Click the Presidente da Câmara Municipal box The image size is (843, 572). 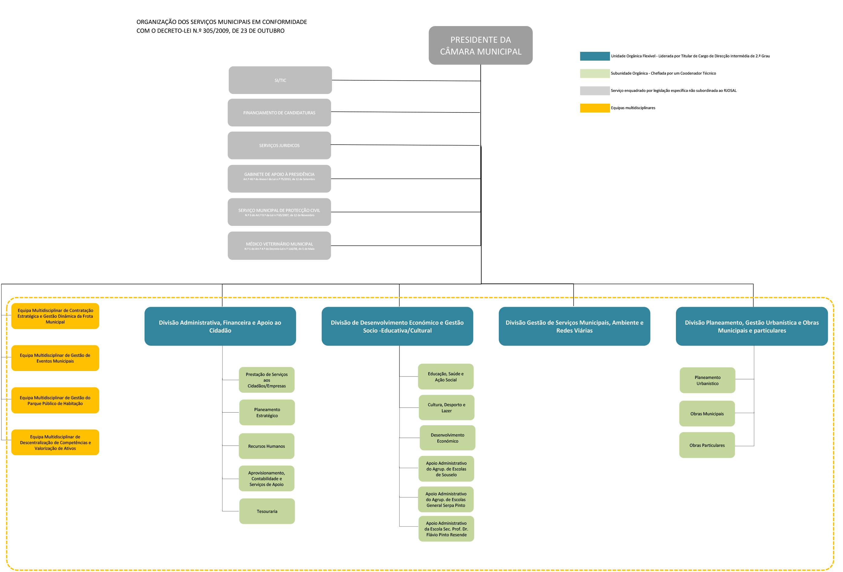480,45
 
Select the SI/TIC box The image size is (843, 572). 280,80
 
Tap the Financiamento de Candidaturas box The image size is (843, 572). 279,112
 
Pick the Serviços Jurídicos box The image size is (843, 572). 279,145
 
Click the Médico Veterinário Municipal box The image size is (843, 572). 279,246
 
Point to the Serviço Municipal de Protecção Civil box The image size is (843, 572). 279,212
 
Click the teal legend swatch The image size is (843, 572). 595,56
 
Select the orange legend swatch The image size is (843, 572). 595,108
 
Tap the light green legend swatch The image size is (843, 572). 595,73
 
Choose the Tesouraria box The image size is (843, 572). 267,511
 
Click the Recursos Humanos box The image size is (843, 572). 267,446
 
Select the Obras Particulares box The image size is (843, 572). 707,445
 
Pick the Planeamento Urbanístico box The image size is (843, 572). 707,380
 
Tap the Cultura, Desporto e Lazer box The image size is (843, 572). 446,407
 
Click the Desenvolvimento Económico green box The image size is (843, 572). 447,438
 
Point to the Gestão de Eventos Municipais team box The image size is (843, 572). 55,358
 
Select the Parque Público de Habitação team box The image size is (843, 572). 55,400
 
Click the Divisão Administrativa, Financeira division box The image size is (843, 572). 220,326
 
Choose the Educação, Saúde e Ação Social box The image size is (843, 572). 446,376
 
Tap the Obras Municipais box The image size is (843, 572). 707,414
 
